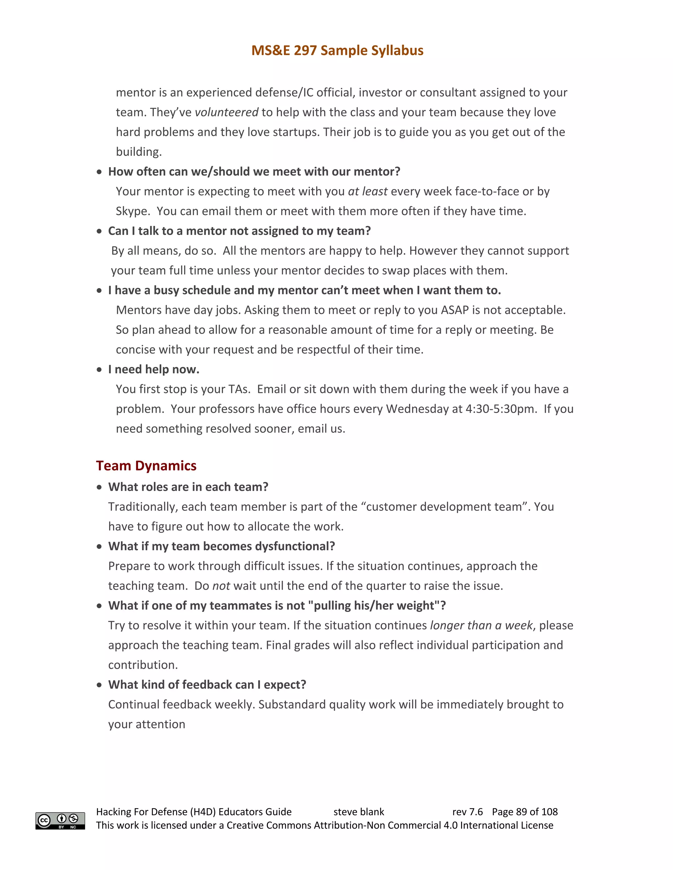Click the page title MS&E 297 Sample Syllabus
click(x=337, y=51)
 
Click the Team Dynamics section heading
click(x=146, y=466)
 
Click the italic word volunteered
click(x=226, y=112)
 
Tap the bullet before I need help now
click(x=99, y=370)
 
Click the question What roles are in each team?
click(x=188, y=487)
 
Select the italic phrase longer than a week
click(x=481, y=625)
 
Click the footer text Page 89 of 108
click(x=525, y=812)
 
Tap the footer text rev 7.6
click(x=467, y=812)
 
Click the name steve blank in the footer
click(x=359, y=812)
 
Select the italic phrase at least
click(x=368, y=192)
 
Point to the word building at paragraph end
click(x=138, y=152)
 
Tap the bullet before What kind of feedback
click(x=99, y=685)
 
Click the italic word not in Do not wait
click(x=221, y=586)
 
